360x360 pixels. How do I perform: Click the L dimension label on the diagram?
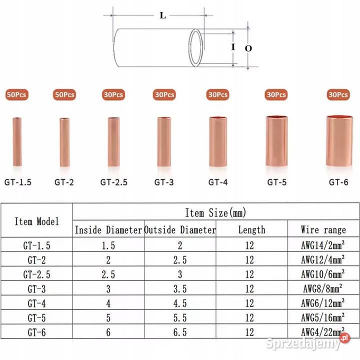pyautogui.click(x=163, y=15)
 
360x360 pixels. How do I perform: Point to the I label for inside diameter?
pyautogui.click(x=233, y=47)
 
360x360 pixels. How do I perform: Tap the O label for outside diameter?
pyautogui.click(x=248, y=48)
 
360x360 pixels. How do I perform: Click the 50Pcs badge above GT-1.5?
pyautogui.click(x=17, y=94)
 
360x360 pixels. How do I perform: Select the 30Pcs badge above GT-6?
pyautogui.click(x=338, y=94)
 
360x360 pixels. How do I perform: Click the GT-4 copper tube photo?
pyautogui.click(x=218, y=141)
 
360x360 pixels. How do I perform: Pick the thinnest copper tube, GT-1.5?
pyautogui.click(x=17, y=141)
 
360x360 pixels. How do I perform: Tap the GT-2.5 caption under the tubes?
pyautogui.click(x=114, y=182)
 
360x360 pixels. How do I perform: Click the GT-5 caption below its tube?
pyautogui.click(x=277, y=182)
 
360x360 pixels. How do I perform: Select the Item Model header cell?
pyautogui.click(x=36, y=221)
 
